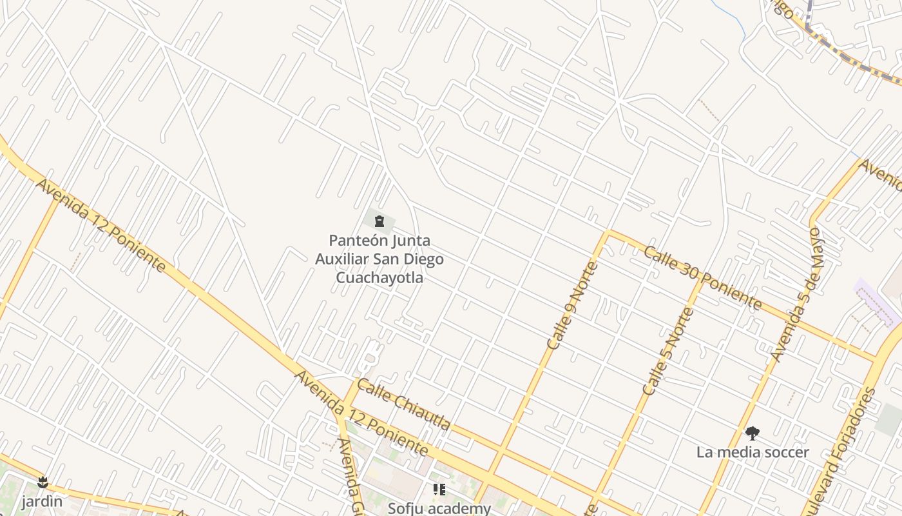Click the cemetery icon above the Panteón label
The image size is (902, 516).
click(x=379, y=222)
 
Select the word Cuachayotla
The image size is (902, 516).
click(x=379, y=277)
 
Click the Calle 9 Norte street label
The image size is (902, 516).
click(x=573, y=305)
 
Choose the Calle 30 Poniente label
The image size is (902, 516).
click(x=703, y=277)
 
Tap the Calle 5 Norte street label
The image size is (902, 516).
click(x=668, y=352)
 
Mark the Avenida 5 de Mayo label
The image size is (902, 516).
click(x=798, y=293)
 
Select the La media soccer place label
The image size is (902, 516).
click(x=753, y=452)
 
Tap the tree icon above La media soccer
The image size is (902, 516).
click(x=752, y=433)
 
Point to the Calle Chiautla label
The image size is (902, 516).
click(x=403, y=404)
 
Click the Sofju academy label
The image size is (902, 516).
click(x=439, y=508)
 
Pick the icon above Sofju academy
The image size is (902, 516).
click(x=439, y=490)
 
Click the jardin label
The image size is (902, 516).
click(x=42, y=501)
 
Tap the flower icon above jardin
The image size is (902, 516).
click(x=43, y=482)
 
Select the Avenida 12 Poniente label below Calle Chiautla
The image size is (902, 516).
click(x=361, y=412)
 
